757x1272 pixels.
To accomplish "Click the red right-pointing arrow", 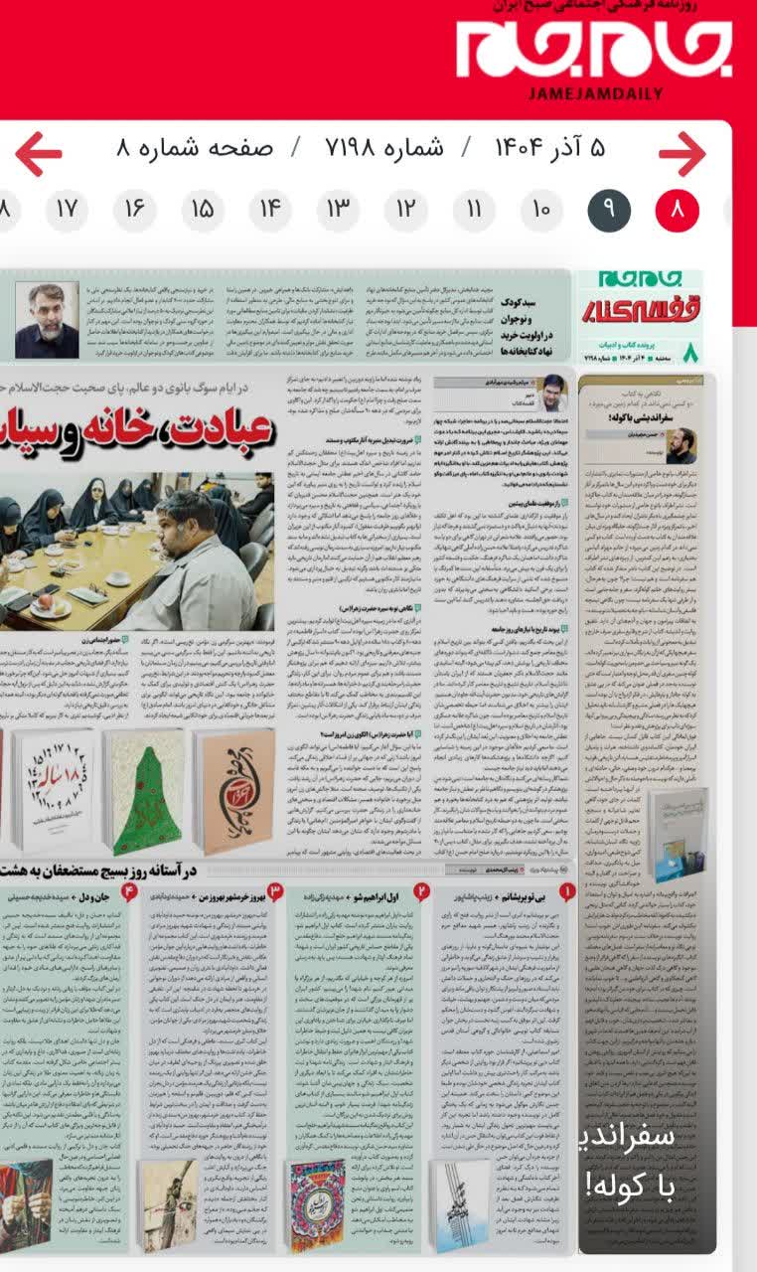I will click(681, 154).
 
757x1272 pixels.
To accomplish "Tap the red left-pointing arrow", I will click(39, 154).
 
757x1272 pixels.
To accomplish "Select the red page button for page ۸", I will click(678, 210).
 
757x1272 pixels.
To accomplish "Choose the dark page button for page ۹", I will click(609, 210).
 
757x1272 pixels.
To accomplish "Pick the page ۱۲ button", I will click(405, 210).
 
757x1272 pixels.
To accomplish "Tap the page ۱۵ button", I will click(203, 210).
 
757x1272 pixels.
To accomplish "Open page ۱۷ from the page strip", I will click(67, 210).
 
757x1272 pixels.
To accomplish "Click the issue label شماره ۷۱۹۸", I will click(384, 149).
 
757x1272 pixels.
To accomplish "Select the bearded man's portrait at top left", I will click(47, 320).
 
